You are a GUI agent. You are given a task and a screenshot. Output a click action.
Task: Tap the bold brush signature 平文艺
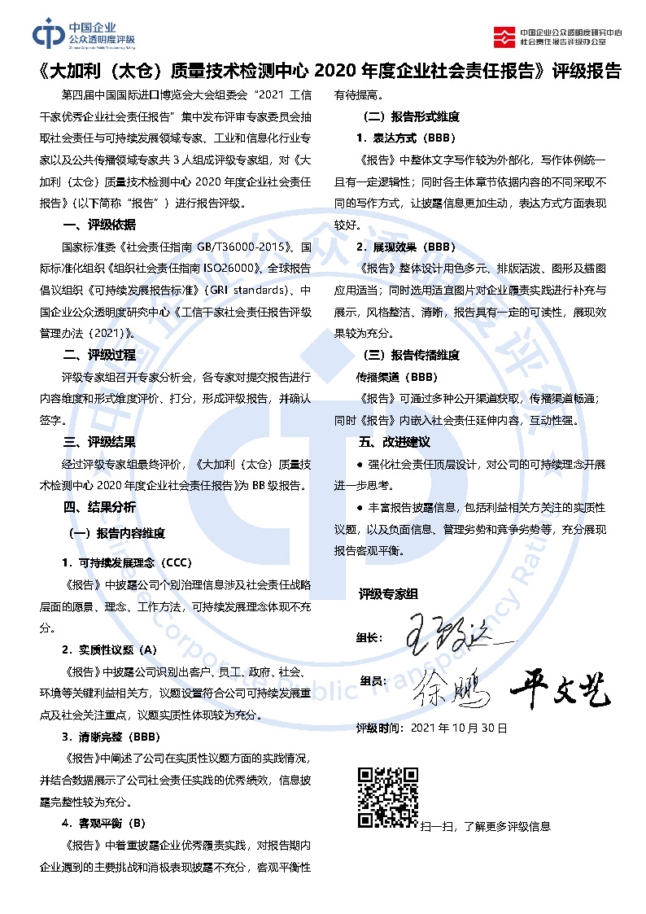560,690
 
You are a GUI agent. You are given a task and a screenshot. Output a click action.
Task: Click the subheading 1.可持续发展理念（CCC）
127,563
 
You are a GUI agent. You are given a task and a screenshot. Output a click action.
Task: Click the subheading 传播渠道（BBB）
396,378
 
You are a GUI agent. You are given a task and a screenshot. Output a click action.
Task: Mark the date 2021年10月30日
459,728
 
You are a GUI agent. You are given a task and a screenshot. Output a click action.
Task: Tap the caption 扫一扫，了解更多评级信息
485,826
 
